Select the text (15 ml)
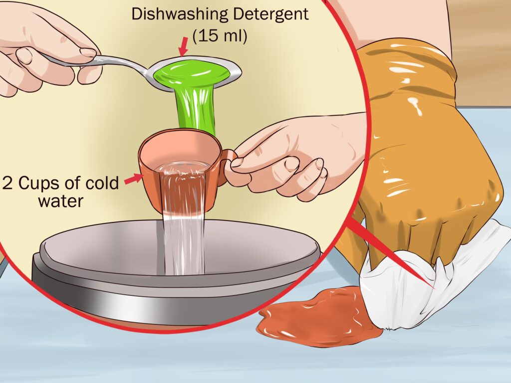click(220, 35)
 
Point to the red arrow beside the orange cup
click(134, 179)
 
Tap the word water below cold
click(60, 201)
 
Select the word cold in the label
click(102, 183)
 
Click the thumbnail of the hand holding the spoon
click(88, 52)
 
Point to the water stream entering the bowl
click(184, 244)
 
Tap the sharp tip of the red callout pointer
click(435, 288)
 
